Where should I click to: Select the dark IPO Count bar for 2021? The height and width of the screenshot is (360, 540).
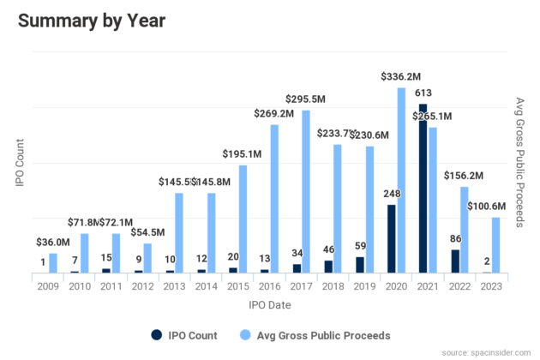pyautogui.click(x=423, y=189)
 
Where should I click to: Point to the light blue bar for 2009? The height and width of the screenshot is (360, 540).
pyautogui.click(x=53, y=263)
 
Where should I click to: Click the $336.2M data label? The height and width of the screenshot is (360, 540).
pyautogui.click(x=400, y=77)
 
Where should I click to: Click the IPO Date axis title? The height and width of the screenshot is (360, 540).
pyautogui.click(x=269, y=304)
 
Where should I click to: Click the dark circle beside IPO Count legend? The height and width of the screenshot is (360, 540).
pyautogui.click(x=157, y=334)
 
